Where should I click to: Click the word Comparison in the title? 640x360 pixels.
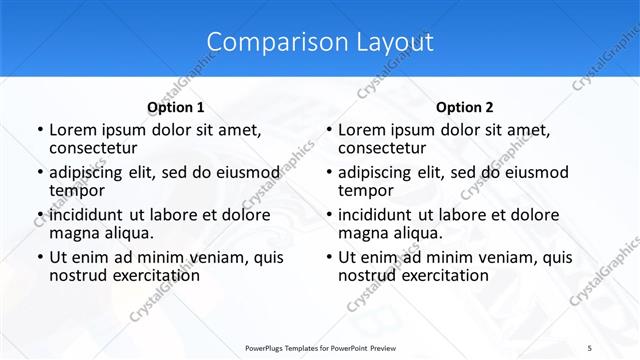[269, 42]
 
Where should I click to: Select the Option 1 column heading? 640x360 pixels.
[176, 107]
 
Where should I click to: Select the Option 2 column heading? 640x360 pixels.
[465, 107]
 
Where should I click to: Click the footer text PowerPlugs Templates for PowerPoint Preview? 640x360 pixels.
[320, 347]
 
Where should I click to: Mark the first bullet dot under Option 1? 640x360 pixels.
[39, 130]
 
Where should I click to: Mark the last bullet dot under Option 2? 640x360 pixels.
[328, 257]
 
